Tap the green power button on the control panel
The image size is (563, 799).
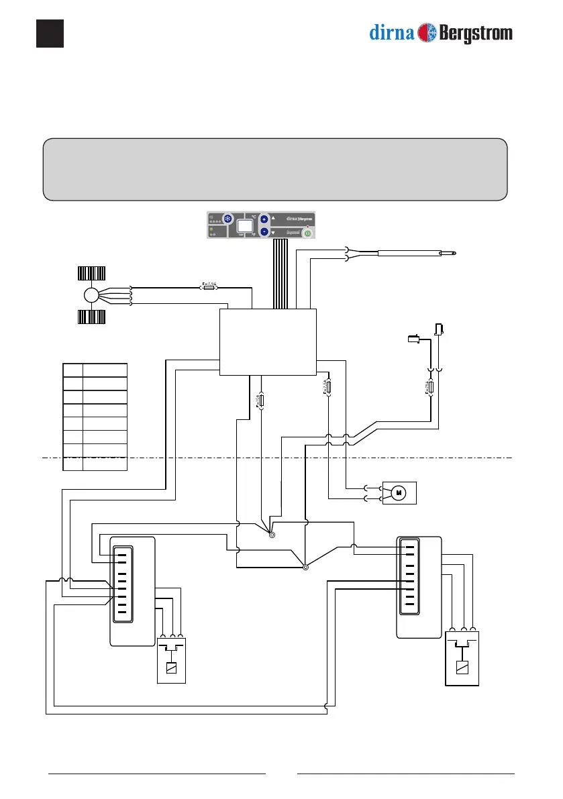coord(307,233)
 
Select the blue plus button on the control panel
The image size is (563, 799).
coord(264,219)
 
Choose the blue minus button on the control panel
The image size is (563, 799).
coord(264,232)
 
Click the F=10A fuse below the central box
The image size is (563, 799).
coord(262,401)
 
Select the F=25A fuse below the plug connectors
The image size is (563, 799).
coord(430,389)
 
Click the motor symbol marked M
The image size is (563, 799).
coord(399,493)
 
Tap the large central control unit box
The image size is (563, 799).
coord(268,342)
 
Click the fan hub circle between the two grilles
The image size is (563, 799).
coord(91,295)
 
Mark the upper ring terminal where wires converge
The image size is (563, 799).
coord(271,535)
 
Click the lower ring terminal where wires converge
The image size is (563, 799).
coord(305,567)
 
